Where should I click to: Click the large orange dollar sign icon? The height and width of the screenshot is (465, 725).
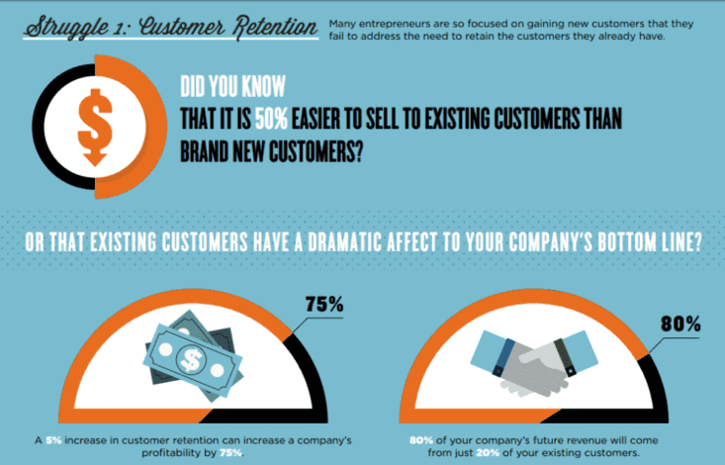point(95,127)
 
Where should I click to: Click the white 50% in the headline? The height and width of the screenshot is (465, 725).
point(271,119)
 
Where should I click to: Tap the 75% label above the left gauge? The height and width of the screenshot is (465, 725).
point(324,305)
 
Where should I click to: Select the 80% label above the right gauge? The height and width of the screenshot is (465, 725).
point(680,324)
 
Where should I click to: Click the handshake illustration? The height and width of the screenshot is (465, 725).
point(533,362)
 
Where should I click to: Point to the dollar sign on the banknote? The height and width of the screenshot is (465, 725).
point(191,360)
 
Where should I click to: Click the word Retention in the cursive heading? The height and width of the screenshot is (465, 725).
point(275,28)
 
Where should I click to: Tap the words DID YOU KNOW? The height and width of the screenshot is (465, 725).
point(232,86)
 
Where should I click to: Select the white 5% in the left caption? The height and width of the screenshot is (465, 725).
point(53,440)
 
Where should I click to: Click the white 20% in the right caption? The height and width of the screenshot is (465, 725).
point(488,452)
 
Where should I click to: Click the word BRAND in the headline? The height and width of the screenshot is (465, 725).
point(205,151)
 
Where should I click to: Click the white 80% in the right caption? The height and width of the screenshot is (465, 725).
point(421,440)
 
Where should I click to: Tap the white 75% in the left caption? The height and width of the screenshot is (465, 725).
point(230,452)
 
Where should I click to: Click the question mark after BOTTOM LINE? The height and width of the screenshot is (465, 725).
point(697,241)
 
